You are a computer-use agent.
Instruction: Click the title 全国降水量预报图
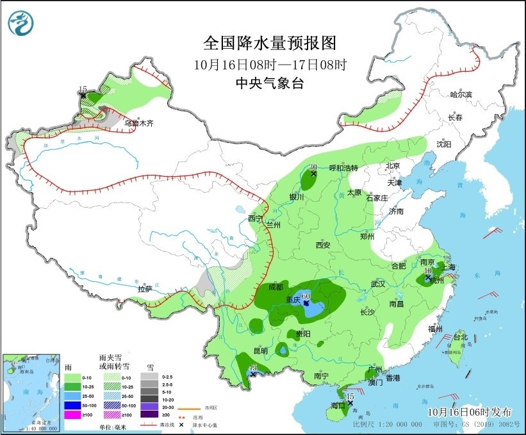click(270, 43)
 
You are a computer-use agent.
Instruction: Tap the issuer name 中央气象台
click(270, 83)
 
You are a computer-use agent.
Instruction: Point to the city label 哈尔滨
click(461, 95)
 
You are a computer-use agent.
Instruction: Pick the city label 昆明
click(261, 350)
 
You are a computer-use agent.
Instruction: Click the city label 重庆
click(294, 300)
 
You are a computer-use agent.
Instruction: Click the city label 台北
click(461, 337)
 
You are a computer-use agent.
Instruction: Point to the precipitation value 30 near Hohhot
click(313, 167)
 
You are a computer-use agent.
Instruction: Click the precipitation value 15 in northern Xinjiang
click(82, 89)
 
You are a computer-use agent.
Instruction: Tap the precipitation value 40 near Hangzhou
click(427, 271)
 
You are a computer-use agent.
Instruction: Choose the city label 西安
click(322, 245)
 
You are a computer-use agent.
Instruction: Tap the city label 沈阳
click(444, 144)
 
